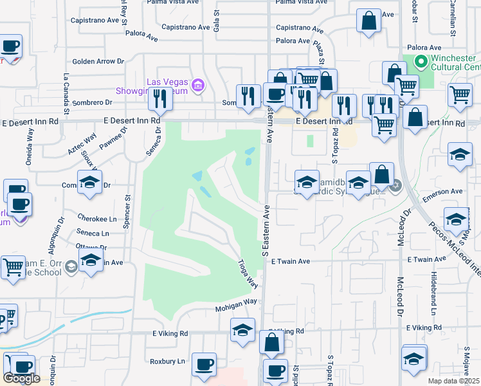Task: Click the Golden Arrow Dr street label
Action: coord(98,62)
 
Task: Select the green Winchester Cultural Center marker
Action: coord(422,62)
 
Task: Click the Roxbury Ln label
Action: coord(167,362)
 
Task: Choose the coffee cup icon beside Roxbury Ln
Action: coord(204,365)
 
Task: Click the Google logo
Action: coord(21,378)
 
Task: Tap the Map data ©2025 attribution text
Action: coord(454,381)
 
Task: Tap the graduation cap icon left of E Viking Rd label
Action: coord(242,331)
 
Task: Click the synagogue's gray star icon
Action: coord(395,186)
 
